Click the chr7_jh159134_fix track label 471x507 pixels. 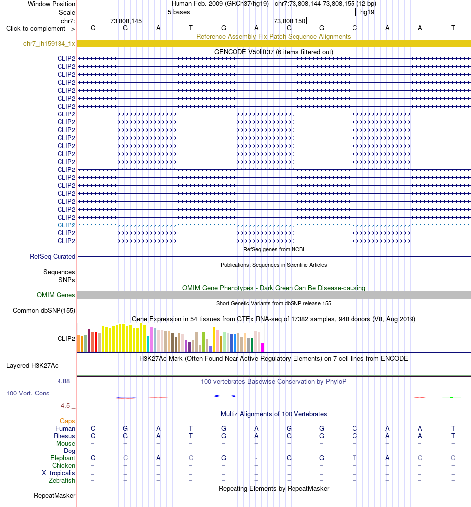point(49,43)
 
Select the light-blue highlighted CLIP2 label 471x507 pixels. point(66,225)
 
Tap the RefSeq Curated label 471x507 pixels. point(53,256)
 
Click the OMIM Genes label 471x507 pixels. point(56,295)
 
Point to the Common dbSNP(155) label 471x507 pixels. point(44,310)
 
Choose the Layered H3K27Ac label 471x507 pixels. point(32,365)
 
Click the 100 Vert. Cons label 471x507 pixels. point(28,393)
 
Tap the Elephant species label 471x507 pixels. point(62,458)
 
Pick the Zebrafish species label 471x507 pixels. point(62,481)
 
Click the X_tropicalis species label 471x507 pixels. point(58,473)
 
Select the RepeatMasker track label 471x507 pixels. point(55,496)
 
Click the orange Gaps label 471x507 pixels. point(67,421)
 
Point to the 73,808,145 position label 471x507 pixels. point(126,21)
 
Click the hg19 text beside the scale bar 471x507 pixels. point(367,12)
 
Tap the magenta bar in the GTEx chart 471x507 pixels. point(263,347)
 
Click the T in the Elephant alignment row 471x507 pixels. point(354,458)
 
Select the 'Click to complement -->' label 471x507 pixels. point(41,28)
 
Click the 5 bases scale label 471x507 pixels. point(178,12)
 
